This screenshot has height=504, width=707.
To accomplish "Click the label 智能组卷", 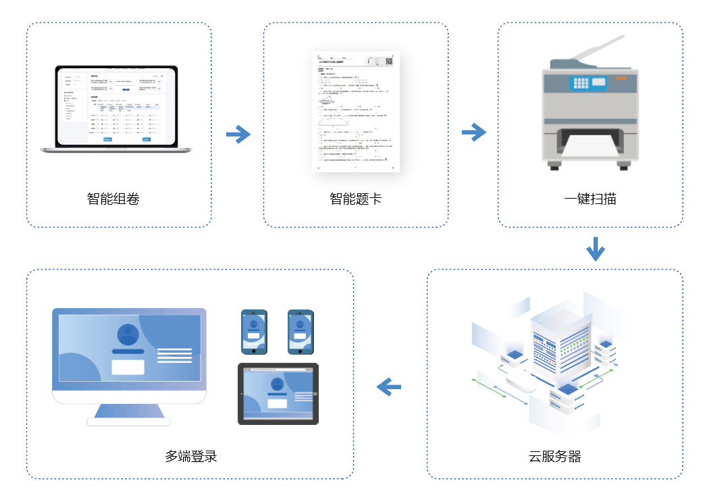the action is [113, 199].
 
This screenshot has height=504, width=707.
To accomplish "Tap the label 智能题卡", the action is [355, 199].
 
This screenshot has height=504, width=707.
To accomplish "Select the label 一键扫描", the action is [590, 199].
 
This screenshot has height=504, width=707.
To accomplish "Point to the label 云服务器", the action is [555, 456].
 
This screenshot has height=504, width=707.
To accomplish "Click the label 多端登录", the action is [191, 456].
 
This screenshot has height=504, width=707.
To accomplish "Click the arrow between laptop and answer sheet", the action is [238, 134].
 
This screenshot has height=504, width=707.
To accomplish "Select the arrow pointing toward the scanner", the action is [474, 132].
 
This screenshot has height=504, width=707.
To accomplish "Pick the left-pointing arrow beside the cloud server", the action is [389, 387].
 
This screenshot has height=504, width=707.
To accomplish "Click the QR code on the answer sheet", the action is [389, 61].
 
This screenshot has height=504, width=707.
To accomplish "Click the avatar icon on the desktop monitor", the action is [128, 335].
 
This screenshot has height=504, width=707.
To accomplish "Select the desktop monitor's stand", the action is [128, 413].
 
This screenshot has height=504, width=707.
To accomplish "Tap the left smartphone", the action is [255, 332].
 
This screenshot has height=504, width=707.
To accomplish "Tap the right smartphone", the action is [300, 332].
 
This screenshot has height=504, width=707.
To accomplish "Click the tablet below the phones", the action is [278, 394].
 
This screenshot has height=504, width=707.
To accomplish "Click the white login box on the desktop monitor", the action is [128, 367].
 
